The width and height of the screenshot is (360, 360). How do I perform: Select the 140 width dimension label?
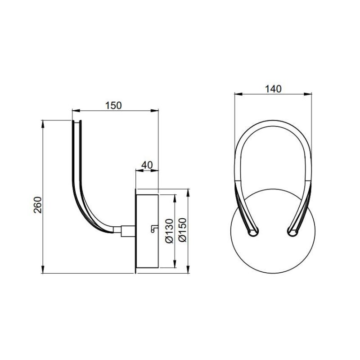[273, 89]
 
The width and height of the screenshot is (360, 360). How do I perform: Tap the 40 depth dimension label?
[147, 165]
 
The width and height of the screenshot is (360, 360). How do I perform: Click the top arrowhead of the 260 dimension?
[43, 123]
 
